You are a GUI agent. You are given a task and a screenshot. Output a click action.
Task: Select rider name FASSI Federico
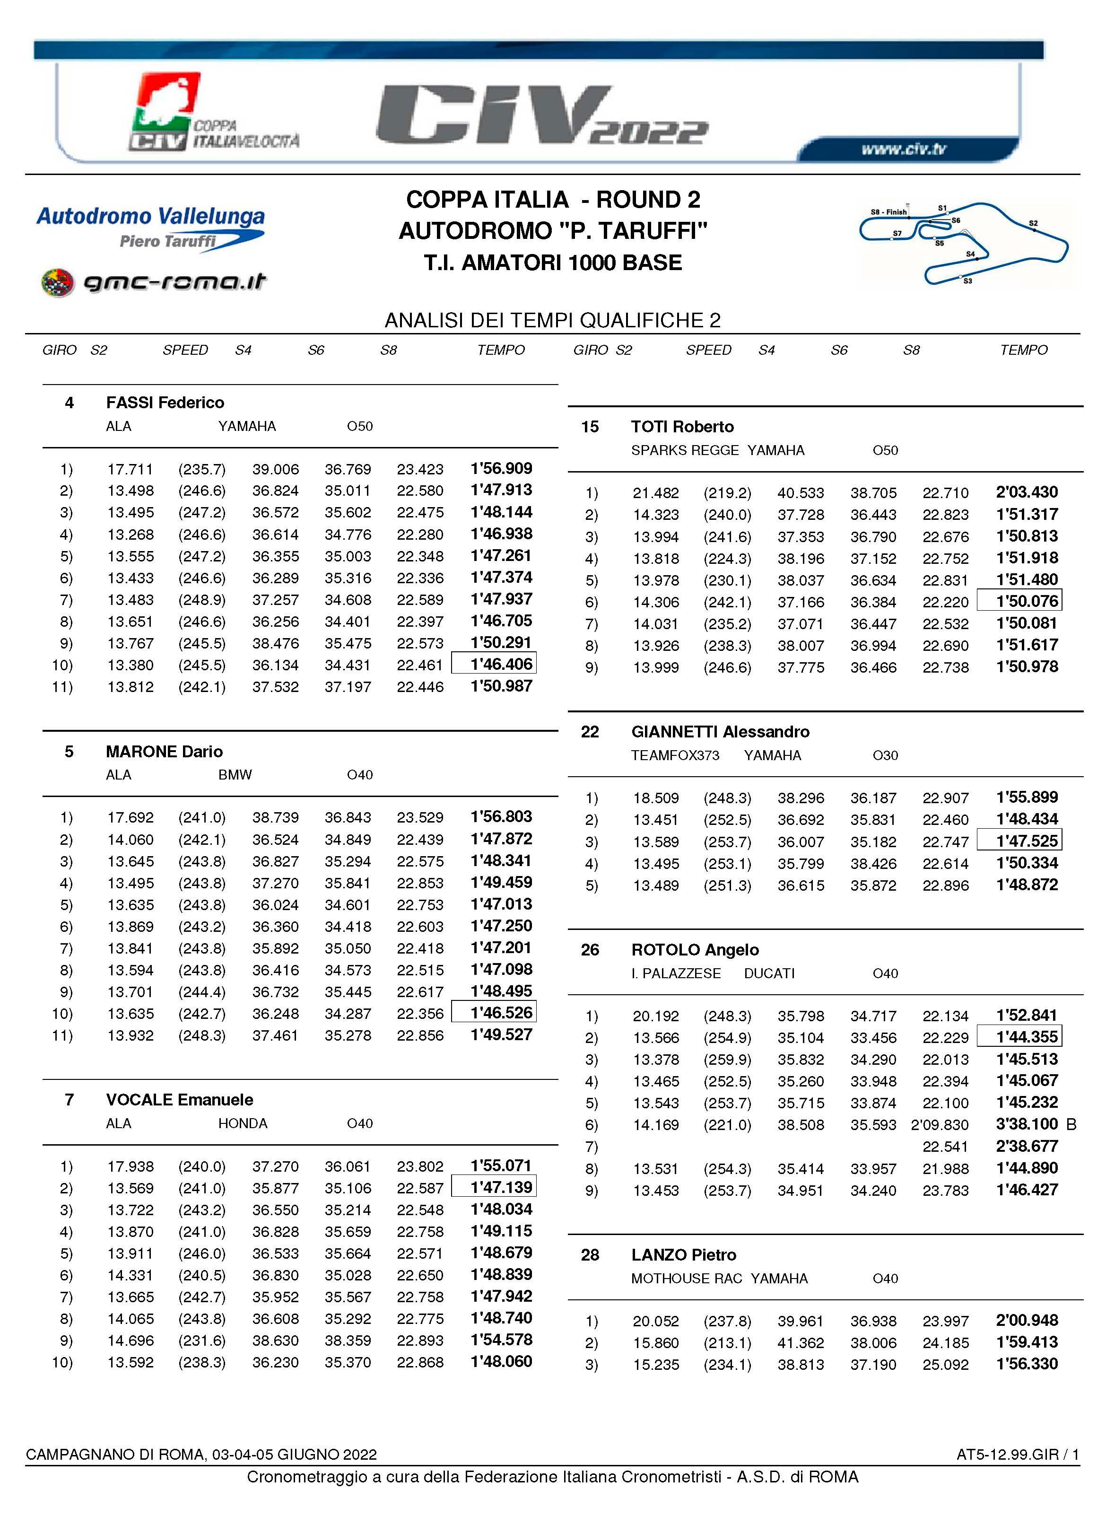click(165, 403)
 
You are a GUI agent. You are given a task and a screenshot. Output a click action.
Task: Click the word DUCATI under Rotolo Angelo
click(769, 973)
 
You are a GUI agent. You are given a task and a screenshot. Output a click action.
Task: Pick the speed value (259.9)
click(727, 1060)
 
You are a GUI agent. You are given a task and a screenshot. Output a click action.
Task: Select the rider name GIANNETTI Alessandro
click(720, 731)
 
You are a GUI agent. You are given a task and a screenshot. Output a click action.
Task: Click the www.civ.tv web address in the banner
click(903, 149)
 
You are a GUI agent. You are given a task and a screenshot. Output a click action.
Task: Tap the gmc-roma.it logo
click(154, 282)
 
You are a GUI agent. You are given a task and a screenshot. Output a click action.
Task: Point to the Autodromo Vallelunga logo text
click(151, 216)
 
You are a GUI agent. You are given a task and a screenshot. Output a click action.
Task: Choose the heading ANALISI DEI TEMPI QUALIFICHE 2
click(552, 321)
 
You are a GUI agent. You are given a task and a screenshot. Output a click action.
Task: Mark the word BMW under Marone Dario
click(235, 775)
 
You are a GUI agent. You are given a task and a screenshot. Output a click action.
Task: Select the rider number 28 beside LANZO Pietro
click(590, 1255)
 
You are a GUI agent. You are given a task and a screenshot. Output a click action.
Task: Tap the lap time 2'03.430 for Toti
click(1027, 492)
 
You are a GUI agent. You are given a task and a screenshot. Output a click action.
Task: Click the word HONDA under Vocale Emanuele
click(243, 1123)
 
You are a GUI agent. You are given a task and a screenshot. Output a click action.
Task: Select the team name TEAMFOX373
click(675, 755)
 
